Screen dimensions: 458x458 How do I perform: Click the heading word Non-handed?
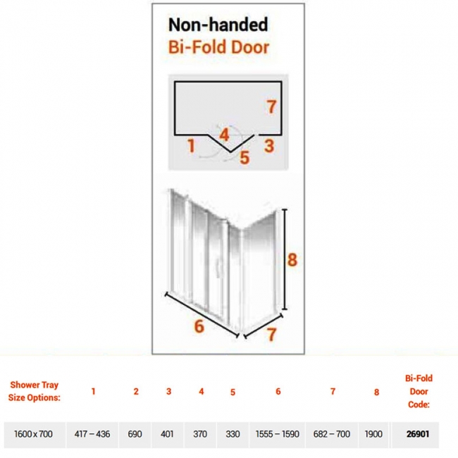pos(218,25)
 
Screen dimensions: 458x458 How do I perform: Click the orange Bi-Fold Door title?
pos(218,47)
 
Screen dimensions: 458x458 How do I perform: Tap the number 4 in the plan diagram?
pos(224,135)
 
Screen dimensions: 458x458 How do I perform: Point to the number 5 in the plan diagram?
pos(245,158)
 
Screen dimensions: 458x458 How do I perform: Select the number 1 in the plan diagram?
pos(192,146)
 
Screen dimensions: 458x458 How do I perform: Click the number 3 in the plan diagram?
pos(269,146)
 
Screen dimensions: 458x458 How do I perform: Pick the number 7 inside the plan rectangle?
pos(271,106)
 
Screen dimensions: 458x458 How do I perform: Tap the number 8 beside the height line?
pos(292,260)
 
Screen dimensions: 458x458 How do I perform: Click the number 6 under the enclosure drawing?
pos(199,326)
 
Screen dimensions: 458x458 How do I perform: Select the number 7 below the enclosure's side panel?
pos(271,335)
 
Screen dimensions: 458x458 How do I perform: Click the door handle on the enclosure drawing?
pos(216,268)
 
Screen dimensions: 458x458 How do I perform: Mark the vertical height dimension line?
pos(285,259)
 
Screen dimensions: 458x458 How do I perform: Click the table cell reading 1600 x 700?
pos(33,434)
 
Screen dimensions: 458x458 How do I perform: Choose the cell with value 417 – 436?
pos(92,434)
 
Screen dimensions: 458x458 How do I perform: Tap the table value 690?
pos(135,434)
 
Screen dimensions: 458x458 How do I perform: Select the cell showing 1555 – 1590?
pos(277,434)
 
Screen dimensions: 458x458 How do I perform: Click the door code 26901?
pos(418,434)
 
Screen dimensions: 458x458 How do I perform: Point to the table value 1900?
pos(373,434)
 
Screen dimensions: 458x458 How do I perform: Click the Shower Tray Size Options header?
pos(35,391)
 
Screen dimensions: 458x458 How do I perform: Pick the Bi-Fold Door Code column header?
pos(419,391)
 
